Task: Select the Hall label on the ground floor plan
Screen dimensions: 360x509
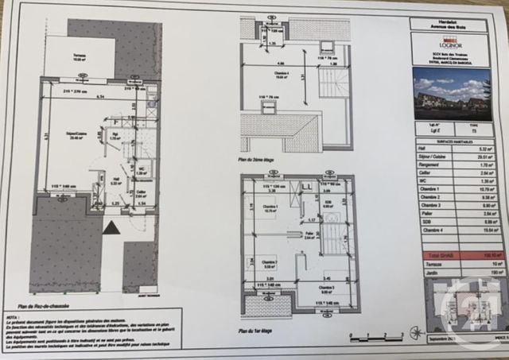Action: point(115,180)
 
